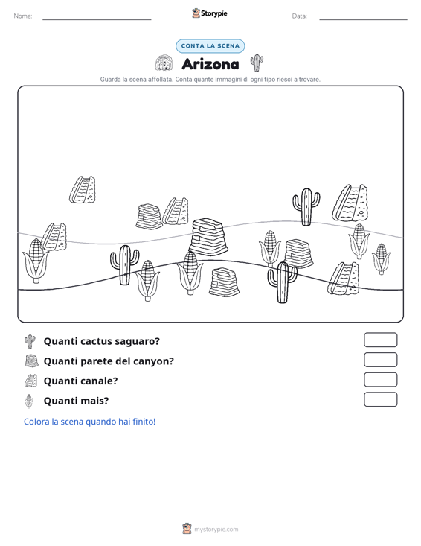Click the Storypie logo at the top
click(210, 13)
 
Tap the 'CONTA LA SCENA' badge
click(210, 46)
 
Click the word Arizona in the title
click(210, 64)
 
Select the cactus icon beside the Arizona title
click(257, 63)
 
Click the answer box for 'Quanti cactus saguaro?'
click(380, 340)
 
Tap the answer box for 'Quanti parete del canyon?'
click(380, 360)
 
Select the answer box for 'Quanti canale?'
click(380, 380)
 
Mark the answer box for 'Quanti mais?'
click(380, 399)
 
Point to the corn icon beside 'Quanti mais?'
click(30, 401)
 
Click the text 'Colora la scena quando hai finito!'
click(90, 422)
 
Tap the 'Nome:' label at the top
click(23, 16)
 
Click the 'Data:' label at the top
click(299, 16)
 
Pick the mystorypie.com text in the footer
click(216, 530)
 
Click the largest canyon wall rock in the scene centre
click(208, 237)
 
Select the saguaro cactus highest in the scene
click(306, 207)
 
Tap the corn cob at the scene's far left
click(35, 261)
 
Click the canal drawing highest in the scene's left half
click(83, 189)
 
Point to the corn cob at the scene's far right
click(381, 258)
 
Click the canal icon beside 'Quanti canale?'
click(30, 381)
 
